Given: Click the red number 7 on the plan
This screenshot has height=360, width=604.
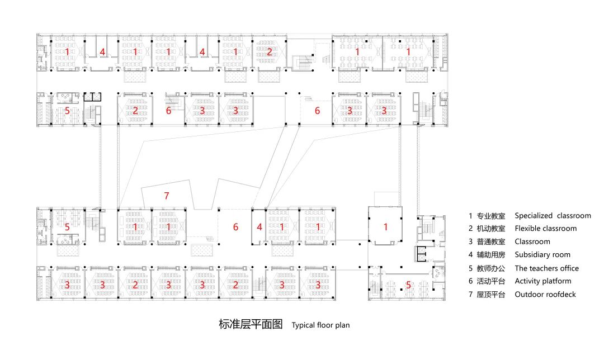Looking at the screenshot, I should (x=166, y=196).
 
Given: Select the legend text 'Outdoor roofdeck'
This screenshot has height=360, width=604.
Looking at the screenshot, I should (x=545, y=295).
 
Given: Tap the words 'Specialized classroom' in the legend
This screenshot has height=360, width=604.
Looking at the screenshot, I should (x=553, y=215).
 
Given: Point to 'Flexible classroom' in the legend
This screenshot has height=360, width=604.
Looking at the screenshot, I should (x=545, y=229).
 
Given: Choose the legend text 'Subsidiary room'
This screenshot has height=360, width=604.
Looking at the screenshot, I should (x=542, y=255).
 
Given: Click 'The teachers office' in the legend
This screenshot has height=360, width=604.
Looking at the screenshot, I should (x=546, y=268).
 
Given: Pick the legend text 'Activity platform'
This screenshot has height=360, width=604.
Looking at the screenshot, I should (x=543, y=281).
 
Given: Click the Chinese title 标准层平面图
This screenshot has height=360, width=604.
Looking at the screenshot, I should (x=251, y=324).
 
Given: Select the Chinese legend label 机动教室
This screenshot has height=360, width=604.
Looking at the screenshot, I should (x=491, y=229).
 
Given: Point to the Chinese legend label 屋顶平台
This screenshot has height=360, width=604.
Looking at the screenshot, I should (x=491, y=295).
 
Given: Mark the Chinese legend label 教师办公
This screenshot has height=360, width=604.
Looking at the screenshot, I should (x=491, y=268).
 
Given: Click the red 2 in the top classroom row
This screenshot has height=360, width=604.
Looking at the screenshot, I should (x=269, y=52).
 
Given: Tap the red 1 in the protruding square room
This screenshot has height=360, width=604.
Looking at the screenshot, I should (x=385, y=226).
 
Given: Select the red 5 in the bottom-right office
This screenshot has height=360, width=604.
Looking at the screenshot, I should (x=408, y=285).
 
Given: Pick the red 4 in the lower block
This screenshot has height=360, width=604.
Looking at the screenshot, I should (x=259, y=227).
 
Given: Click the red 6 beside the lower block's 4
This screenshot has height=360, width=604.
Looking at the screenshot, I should (x=235, y=227).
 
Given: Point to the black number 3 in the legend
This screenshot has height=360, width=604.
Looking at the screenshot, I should (x=470, y=242).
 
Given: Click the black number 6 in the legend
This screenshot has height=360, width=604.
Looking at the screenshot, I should (x=470, y=281).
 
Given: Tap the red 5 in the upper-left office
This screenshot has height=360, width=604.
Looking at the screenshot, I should (x=67, y=111).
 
